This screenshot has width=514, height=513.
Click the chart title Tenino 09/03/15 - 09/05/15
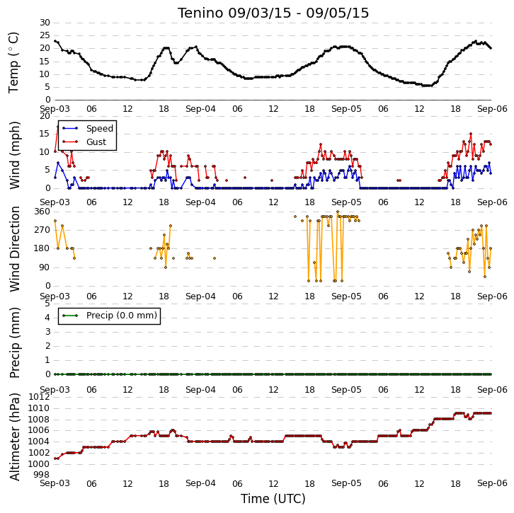(x=273, y=13)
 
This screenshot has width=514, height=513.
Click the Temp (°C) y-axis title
(x=13, y=62)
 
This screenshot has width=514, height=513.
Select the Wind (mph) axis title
(x=14, y=155)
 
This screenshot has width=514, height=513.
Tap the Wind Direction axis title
(x=14, y=249)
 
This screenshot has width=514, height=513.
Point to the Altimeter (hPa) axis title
(x=14, y=437)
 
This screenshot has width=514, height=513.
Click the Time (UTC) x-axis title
(x=273, y=499)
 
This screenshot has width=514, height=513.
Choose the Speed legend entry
(x=88, y=128)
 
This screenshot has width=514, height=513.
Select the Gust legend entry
(x=84, y=142)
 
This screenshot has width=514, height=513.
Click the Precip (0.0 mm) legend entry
(x=110, y=316)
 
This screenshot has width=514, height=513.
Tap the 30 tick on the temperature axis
(x=45, y=23)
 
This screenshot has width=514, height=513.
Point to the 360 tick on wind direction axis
(x=42, y=212)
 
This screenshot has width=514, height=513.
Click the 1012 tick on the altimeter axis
(x=39, y=397)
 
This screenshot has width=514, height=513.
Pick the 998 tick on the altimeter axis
(x=42, y=475)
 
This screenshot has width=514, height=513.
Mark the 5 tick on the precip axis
(x=48, y=304)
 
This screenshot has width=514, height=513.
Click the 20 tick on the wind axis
(x=45, y=116)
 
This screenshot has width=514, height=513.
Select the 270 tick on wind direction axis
(x=42, y=230)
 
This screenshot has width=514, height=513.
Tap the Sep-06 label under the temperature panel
(x=492, y=109)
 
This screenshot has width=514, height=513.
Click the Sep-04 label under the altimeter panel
(x=200, y=483)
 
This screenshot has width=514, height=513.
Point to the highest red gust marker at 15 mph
(x=471, y=134)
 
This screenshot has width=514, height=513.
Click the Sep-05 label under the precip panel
(x=346, y=390)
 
